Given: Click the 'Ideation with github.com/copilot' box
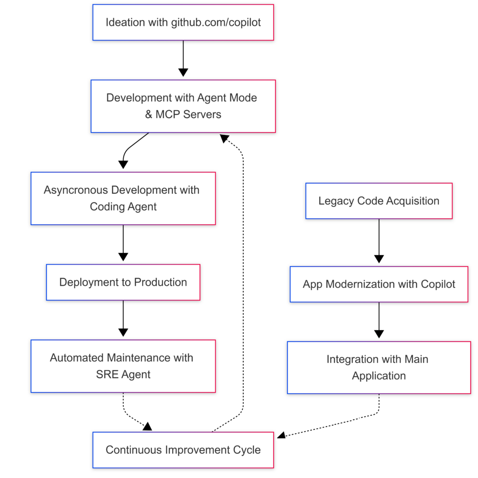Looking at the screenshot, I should (183, 22).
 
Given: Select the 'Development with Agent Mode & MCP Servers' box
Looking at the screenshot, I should (183, 106).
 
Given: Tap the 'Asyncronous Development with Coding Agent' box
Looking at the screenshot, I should (123, 198).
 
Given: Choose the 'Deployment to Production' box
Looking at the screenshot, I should (123, 282).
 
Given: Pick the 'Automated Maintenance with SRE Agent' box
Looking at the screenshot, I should (123, 366).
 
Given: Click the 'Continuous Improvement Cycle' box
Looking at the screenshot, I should (183, 450).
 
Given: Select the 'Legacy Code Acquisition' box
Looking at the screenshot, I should (379, 201).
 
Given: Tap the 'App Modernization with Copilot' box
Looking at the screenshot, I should (379, 284).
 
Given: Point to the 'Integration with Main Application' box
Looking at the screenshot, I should (379, 367).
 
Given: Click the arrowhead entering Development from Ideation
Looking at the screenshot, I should (183, 72).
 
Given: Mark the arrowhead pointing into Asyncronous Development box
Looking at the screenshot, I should (123, 164).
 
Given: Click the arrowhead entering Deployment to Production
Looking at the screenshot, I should (123, 257).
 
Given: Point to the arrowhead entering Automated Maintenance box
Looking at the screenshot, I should (123, 332).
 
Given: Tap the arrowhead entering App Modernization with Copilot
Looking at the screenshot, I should (379, 259).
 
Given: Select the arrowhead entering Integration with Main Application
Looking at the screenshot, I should (379, 334).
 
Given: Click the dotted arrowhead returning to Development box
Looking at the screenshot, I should (224, 138).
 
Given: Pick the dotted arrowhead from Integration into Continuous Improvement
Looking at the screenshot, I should (281, 436).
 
